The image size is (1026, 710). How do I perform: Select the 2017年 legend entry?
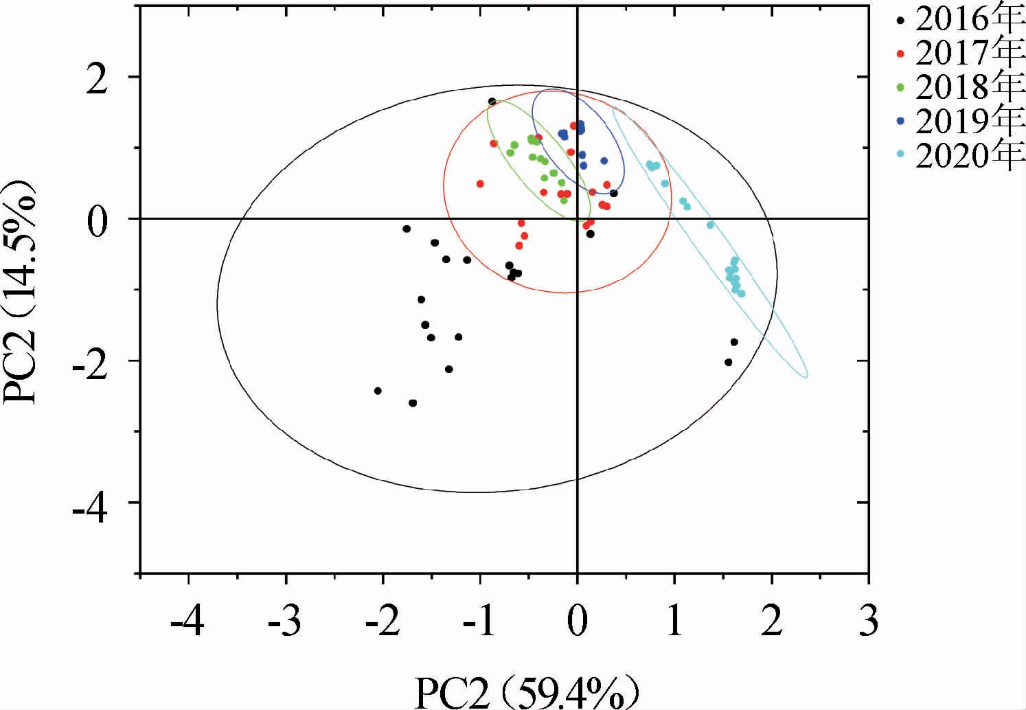[x=968, y=52]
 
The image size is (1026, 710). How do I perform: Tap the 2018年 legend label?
[x=968, y=87]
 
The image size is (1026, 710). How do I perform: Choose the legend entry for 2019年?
[x=968, y=122]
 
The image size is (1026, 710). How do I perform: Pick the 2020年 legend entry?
[x=968, y=157]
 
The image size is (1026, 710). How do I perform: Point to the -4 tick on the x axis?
[x=187, y=623]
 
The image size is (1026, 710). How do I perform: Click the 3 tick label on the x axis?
[x=869, y=623]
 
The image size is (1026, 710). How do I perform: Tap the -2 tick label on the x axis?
[x=382, y=623]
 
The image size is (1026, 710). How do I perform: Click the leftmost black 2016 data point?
[x=378, y=391]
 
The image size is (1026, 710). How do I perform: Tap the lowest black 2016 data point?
[x=413, y=403]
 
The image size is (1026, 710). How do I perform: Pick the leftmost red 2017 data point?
[x=480, y=183]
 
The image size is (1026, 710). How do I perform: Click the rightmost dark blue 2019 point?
[x=604, y=161]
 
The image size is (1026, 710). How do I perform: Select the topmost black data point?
[x=492, y=102]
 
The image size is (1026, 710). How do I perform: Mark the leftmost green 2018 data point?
[x=510, y=152]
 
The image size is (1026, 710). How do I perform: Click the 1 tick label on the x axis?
[x=674, y=623]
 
